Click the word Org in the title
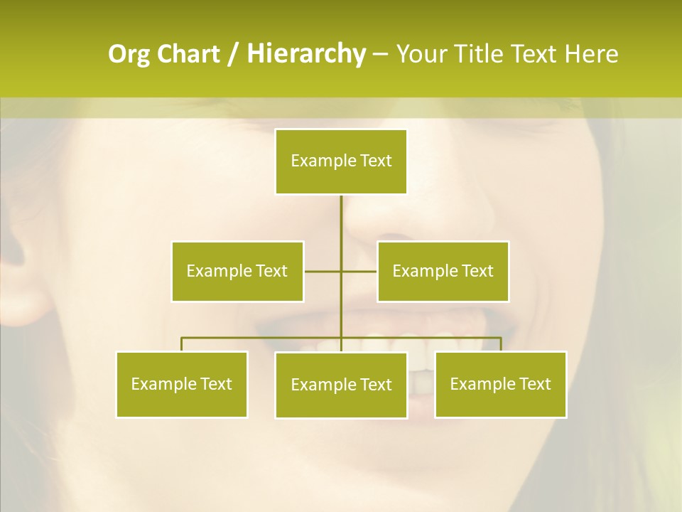(x=129, y=54)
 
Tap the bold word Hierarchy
(x=306, y=54)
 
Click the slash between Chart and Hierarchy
(x=233, y=55)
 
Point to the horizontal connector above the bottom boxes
(x=263, y=338)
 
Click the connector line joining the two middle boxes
(x=323, y=271)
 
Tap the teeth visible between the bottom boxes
(x=421, y=373)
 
